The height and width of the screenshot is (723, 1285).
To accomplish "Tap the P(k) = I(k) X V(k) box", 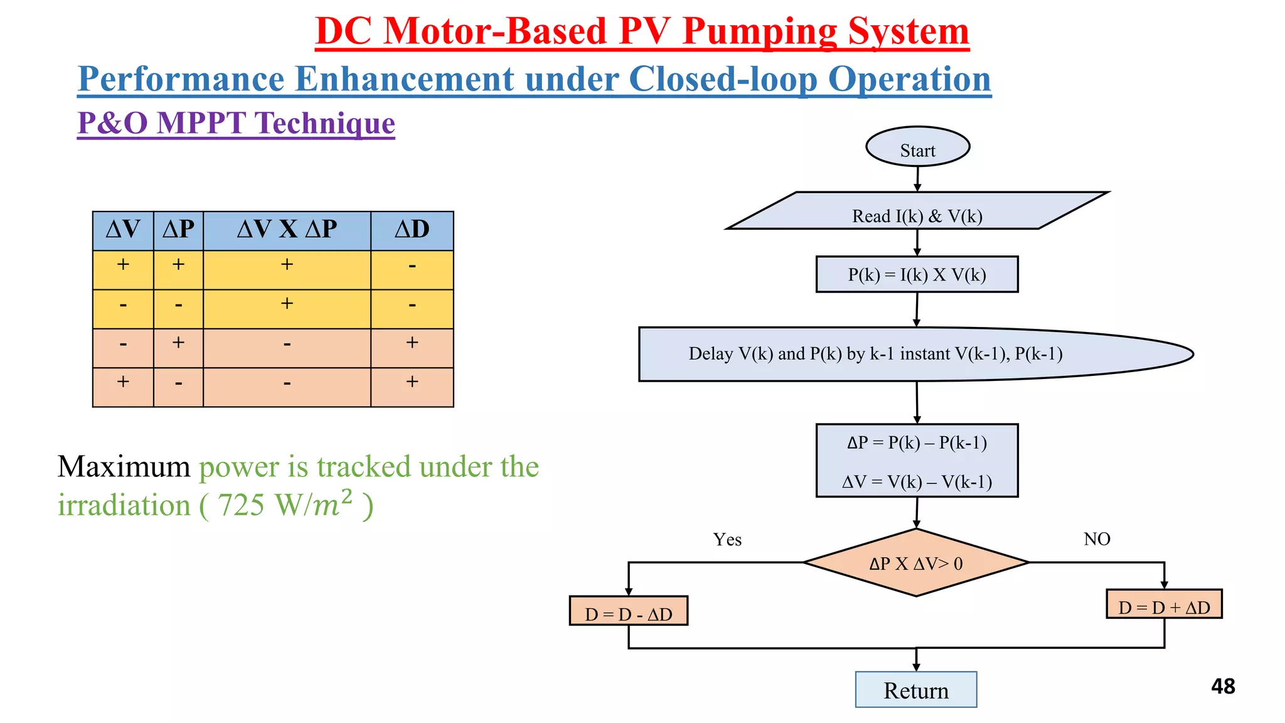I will (917, 274).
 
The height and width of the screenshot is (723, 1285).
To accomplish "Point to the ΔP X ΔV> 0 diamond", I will (916, 563).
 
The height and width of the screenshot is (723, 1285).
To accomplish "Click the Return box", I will (915, 690).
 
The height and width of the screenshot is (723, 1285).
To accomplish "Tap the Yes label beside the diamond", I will (727, 540).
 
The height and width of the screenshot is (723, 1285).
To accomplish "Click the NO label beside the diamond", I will (1097, 539).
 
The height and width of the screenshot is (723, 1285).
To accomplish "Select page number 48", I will (1223, 687).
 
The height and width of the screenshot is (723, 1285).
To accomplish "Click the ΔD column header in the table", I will (412, 230).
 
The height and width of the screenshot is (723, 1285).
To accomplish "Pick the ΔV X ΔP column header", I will (287, 230).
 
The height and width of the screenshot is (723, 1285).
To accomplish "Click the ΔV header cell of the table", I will (123, 230).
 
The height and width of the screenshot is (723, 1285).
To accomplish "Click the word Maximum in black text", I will (124, 467).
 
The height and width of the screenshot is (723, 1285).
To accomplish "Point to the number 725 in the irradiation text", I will (241, 506).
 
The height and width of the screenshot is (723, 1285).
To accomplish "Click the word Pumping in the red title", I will (760, 31).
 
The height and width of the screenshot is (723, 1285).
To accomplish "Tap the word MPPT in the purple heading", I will (201, 123).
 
